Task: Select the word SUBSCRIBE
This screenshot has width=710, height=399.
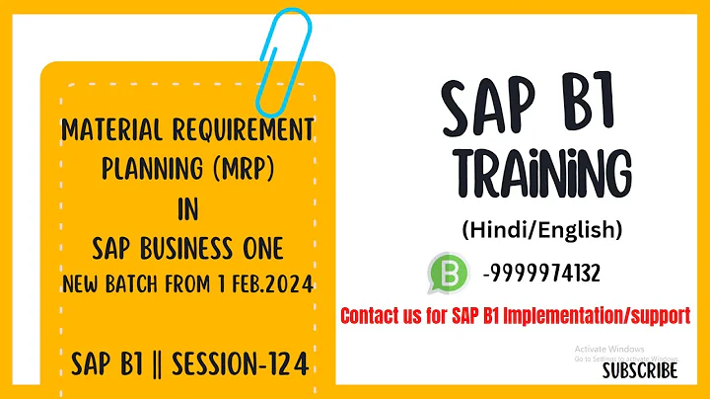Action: pyautogui.click(x=640, y=370)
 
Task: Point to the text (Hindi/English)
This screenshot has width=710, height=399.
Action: pyautogui.click(x=541, y=230)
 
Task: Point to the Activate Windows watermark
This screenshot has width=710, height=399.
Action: pyautogui.click(x=609, y=350)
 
